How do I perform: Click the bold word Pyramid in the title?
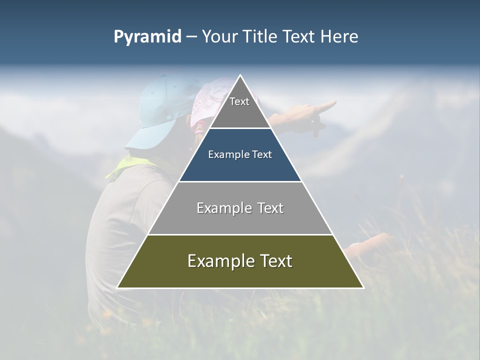147,37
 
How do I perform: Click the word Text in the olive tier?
272,261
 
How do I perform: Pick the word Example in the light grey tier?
218,208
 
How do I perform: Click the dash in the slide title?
191,37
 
